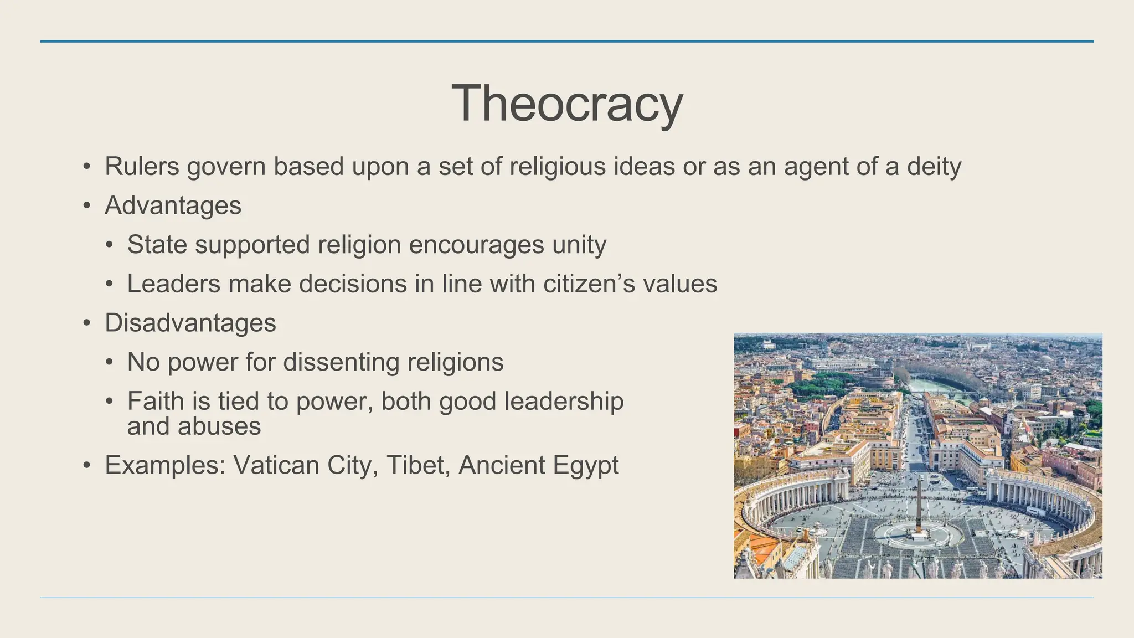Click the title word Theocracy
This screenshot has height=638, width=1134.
point(567,104)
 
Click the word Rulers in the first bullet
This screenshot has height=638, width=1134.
point(142,166)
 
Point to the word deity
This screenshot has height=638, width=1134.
point(934,166)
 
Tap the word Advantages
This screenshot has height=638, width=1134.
point(173,206)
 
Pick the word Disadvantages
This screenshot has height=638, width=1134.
point(190,323)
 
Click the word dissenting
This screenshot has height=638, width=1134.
point(342,362)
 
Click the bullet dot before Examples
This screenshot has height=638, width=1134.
point(86,466)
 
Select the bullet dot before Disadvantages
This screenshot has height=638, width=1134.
point(86,323)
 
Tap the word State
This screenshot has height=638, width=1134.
point(157,245)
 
